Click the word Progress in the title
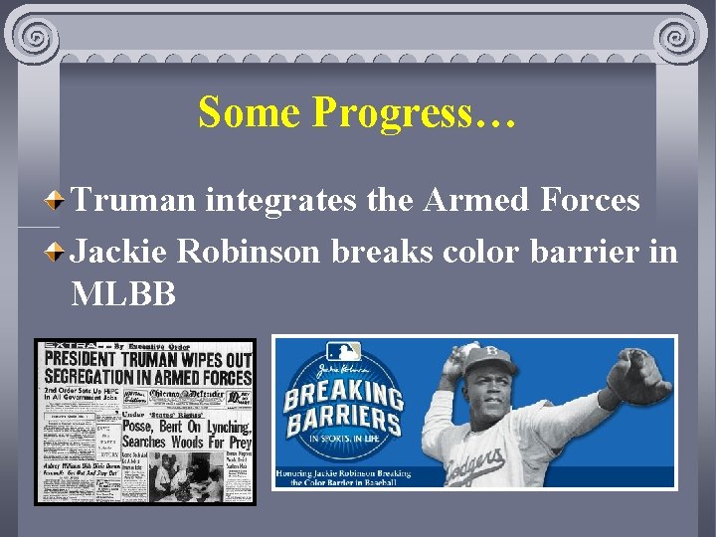tap(414, 112)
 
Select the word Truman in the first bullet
tap(133, 200)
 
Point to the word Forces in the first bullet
tap(591, 200)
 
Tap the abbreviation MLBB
tap(123, 293)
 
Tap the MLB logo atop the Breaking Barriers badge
tap(343, 353)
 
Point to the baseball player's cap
tap(494, 356)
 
